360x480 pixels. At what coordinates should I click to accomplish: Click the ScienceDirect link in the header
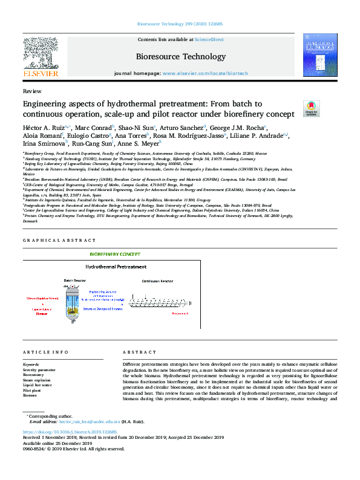[x=209, y=39]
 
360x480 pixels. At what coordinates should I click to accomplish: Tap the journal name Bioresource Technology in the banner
[x=180, y=57]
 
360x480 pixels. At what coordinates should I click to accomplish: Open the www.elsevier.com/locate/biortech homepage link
[x=205, y=73]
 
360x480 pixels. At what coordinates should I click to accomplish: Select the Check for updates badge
[x=311, y=108]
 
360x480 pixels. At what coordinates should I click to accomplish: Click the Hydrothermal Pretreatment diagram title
[x=116, y=267]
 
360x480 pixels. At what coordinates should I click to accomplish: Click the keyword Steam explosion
[x=37, y=380]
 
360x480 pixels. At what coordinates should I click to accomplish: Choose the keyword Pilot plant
[x=31, y=390]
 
